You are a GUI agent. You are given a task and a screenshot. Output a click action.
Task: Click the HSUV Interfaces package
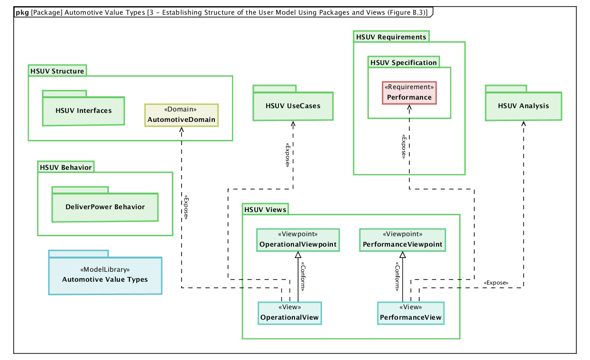pyautogui.click(x=83, y=111)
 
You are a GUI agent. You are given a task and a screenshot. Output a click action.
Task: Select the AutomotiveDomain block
pyautogui.click(x=181, y=115)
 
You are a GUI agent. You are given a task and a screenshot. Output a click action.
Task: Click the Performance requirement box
pyautogui.click(x=409, y=93)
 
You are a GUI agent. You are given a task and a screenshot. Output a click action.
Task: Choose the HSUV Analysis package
pyautogui.click(x=523, y=106)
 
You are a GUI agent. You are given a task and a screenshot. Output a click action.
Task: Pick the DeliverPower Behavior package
pyautogui.click(x=105, y=207)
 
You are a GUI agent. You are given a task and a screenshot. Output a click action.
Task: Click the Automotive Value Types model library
pyautogui.click(x=105, y=275)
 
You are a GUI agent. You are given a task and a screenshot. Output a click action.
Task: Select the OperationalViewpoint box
pyautogui.click(x=298, y=240)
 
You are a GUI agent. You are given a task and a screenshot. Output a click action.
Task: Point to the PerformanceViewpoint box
pyautogui.click(x=402, y=240)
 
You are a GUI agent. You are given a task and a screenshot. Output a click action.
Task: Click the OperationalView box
pyautogui.click(x=289, y=313)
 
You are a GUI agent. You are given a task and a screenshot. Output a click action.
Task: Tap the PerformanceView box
pyautogui.click(x=411, y=313)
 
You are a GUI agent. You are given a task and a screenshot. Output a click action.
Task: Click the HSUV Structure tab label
pyautogui.click(x=57, y=71)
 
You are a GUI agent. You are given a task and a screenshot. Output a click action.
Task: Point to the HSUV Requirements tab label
pyautogui.click(x=391, y=37)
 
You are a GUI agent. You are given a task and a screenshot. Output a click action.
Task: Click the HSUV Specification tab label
pyautogui.click(x=403, y=63)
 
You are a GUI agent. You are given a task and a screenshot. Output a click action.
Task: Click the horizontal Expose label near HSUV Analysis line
pyautogui.click(x=496, y=283)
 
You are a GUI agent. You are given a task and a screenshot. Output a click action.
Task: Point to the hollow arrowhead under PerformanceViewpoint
pyautogui.click(x=403, y=255)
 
